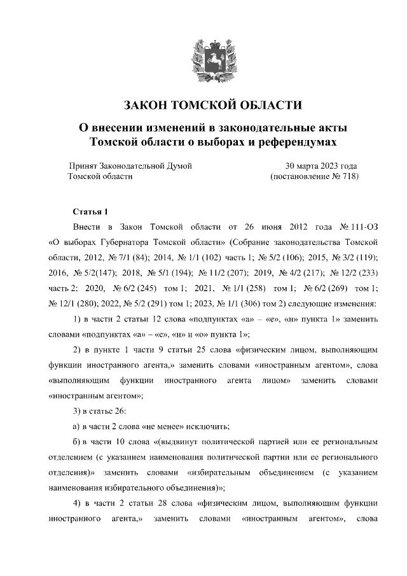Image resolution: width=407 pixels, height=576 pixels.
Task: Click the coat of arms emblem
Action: click(203, 59)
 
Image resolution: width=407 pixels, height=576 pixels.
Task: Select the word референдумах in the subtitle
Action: click(294, 141)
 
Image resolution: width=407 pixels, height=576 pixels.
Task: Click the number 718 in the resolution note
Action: click(347, 177)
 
